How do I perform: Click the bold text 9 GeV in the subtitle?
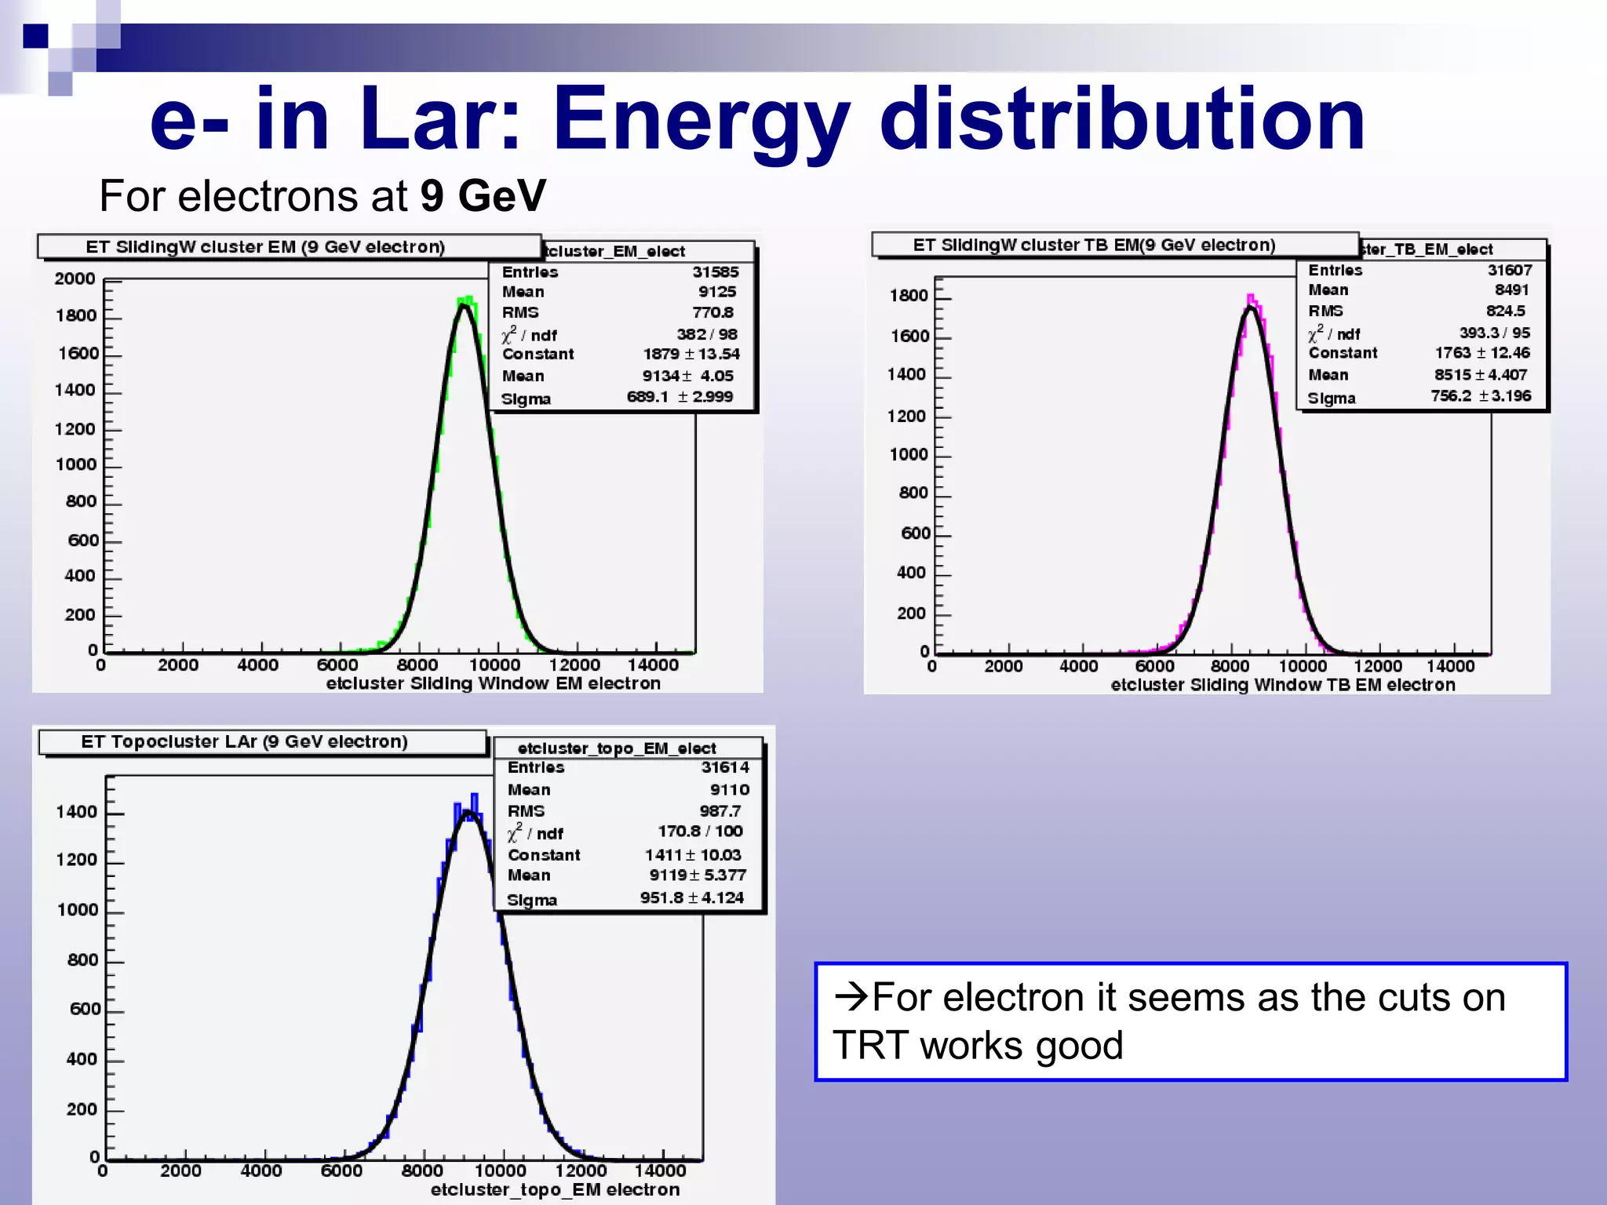pos(483,195)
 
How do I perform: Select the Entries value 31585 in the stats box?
pos(715,271)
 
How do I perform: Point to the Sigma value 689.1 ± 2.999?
pos(680,397)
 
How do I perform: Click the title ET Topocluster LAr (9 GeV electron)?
pos(244,741)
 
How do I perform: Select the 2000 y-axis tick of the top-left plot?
pos(75,278)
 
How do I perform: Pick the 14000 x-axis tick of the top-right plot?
pos(1450,666)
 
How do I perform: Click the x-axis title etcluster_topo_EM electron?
pos(555,1189)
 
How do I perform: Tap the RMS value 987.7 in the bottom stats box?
pos(720,811)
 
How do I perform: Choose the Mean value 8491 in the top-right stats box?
pos(1511,289)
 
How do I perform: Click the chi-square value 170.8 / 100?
pos(700,831)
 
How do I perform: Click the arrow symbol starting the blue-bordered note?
pos(851,996)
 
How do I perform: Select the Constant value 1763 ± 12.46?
pos(1481,353)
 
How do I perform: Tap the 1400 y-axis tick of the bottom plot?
pos(76,812)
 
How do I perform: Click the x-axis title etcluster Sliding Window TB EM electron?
pos(1282,685)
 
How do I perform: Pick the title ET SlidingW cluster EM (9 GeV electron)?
pos(265,247)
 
